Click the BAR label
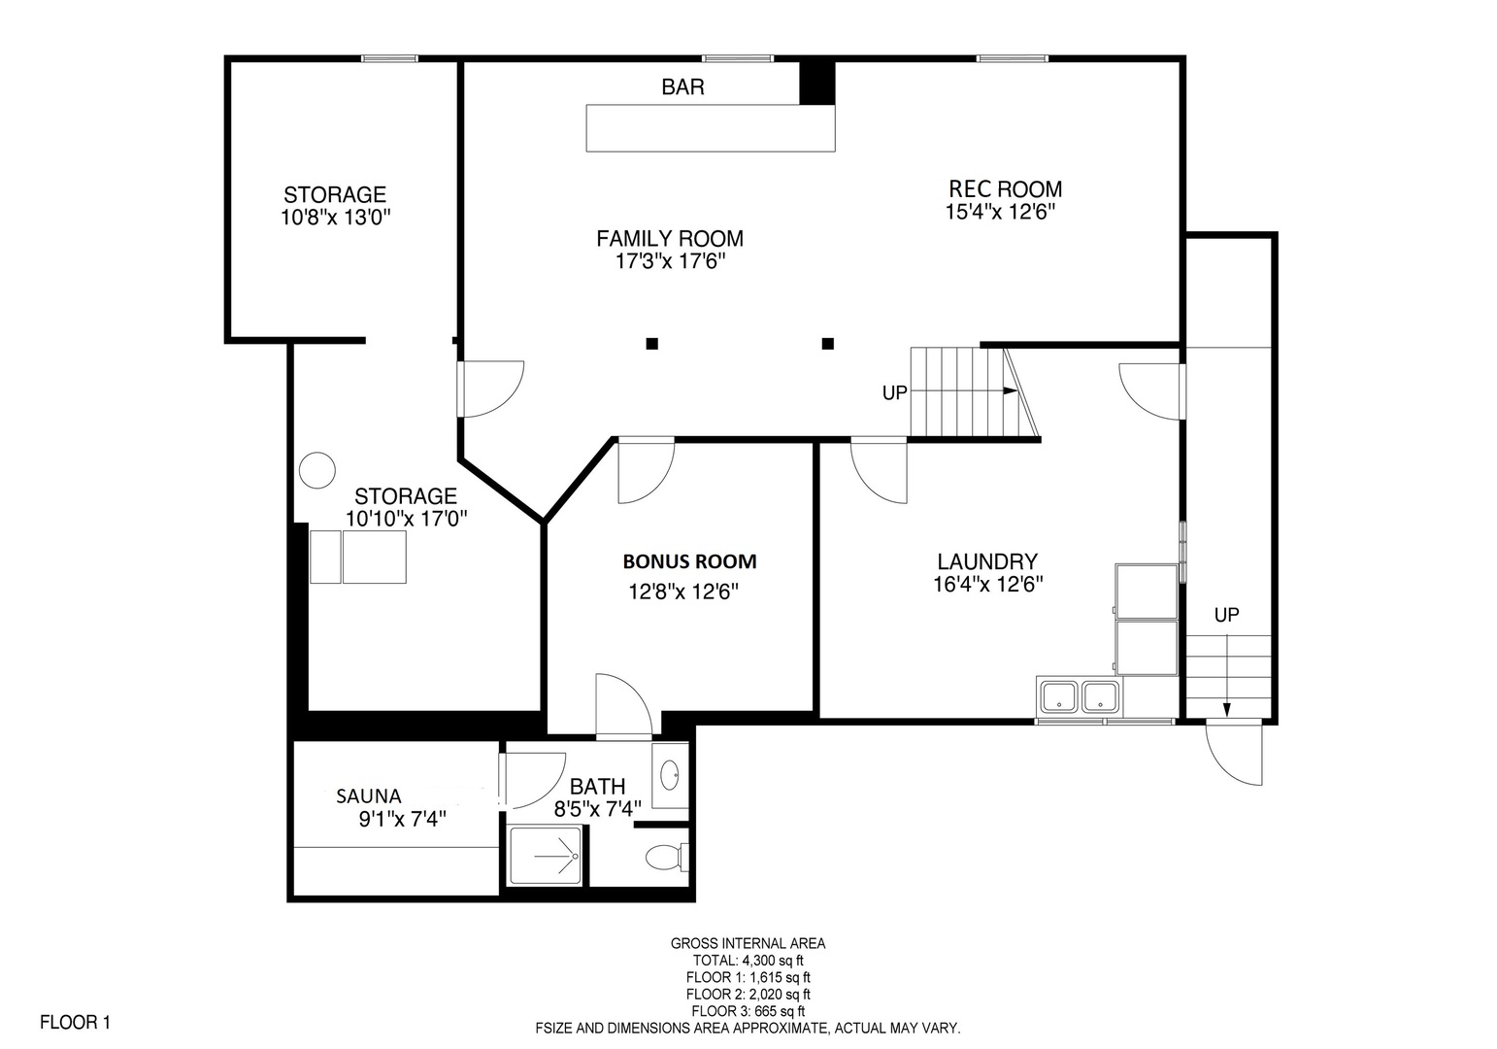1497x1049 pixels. (682, 86)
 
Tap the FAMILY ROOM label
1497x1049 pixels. (670, 239)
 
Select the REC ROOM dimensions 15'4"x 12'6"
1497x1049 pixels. (1000, 212)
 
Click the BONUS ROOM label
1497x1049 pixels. (689, 561)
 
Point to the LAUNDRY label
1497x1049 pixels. (987, 561)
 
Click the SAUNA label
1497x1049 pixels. (368, 796)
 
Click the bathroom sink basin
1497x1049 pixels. (670, 775)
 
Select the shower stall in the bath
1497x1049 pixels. (546, 856)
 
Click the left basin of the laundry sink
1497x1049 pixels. (1058, 696)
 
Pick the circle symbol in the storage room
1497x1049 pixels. (316, 470)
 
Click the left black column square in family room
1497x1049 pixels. (652, 344)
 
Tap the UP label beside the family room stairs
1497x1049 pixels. (895, 393)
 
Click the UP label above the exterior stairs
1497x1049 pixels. (1226, 615)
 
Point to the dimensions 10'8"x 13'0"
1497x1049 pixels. (336, 218)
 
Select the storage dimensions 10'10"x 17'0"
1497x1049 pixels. (406, 518)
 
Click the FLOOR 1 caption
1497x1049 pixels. (75, 1022)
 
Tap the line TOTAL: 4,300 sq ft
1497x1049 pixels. (748, 961)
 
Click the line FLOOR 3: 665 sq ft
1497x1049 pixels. (748, 1011)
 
